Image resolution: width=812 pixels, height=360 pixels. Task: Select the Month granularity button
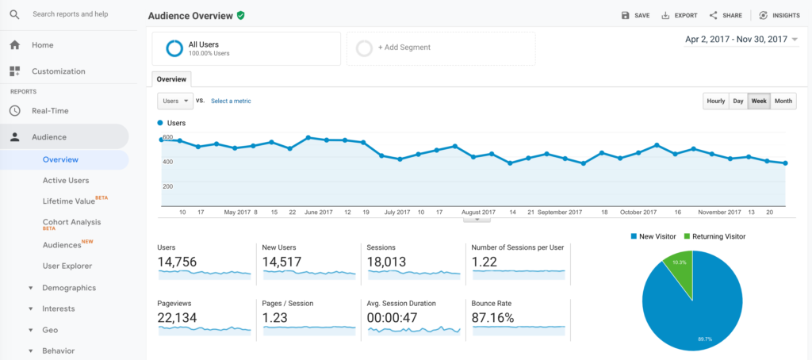(783, 101)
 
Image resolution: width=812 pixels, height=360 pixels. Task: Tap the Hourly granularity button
(715, 101)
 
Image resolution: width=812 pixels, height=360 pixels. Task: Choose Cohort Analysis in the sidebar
(71, 222)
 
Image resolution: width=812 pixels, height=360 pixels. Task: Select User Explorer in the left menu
(67, 266)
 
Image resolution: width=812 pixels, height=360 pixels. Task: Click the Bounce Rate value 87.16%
(492, 318)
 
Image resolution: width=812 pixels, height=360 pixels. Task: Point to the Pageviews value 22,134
(177, 318)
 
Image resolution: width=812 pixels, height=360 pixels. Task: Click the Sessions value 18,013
(387, 262)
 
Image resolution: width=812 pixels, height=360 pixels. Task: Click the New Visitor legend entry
(654, 236)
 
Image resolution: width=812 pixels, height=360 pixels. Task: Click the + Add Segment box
(440, 48)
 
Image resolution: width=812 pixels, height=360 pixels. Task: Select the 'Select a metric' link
(231, 101)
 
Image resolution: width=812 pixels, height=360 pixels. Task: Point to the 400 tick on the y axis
(167, 162)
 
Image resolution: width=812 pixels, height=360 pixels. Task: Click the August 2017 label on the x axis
(478, 213)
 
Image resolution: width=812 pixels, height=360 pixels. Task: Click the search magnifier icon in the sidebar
(14, 14)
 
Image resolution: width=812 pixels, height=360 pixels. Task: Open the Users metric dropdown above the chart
(175, 101)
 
